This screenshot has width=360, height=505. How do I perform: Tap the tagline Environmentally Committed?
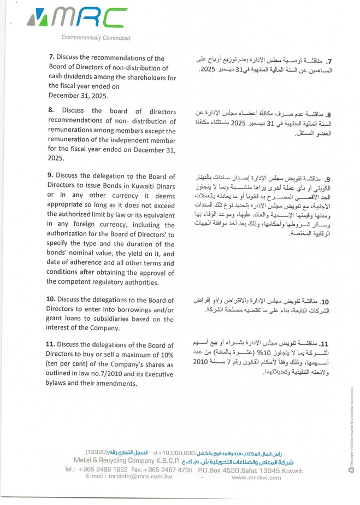(96, 38)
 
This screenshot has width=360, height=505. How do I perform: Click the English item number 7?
(52, 58)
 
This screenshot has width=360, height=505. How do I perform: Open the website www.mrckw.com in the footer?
(256, 477)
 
